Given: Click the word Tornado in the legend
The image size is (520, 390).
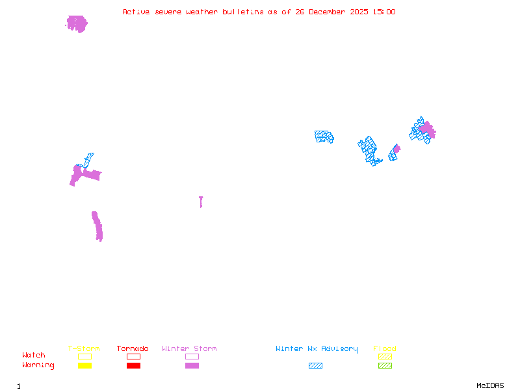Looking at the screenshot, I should tap(133, 349).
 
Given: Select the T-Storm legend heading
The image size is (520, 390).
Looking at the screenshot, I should tap(84, 349).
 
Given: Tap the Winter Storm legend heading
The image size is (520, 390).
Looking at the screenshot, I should tap(189, 349).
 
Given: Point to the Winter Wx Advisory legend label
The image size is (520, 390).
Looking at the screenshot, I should tap(317, 349).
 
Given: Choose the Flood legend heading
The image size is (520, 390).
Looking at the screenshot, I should tap(385, 349).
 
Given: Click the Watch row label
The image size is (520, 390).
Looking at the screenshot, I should tap(34, 356).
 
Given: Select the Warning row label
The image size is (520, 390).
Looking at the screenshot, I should tap(38, 365).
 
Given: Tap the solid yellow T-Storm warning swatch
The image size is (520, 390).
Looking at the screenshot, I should tap(84, 365).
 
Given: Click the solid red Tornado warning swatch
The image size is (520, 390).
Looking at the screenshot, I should tap(133, 365).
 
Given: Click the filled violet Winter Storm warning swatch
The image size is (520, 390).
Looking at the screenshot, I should tap(192, 365).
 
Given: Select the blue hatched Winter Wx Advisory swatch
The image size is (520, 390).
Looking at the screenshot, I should tap(315, 365).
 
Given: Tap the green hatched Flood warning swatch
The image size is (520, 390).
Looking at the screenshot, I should tap(385, 365).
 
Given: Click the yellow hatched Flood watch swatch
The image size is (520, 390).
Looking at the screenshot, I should tap(385, 356).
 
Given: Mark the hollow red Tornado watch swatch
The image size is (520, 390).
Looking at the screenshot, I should tap(133, 356).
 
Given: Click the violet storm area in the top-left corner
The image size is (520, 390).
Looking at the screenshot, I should tap(77, 24).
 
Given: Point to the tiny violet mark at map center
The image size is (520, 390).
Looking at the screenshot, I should tap(201, 201).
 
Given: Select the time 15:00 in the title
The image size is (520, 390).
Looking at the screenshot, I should tap(384, 12).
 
